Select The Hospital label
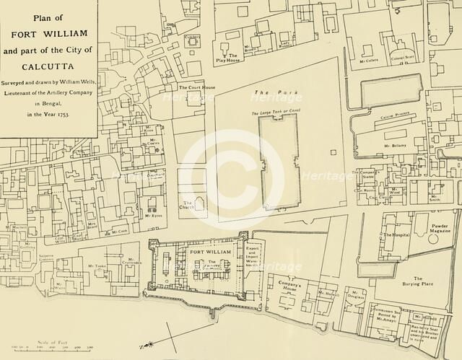click(398, 235)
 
